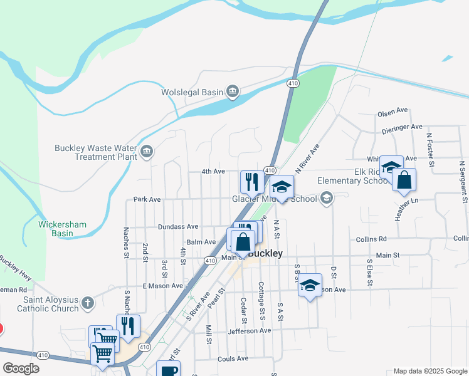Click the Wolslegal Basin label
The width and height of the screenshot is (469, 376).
(x=192, y=92)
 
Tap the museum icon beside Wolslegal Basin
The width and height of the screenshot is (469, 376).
(x=233, y=92)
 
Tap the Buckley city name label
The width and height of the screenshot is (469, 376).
(x=265, y=254)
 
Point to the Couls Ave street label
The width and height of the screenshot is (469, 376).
(x=233, y=358)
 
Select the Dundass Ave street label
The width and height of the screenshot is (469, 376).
(x=178, y=227)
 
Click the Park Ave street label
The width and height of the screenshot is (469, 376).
(x=147, y=199)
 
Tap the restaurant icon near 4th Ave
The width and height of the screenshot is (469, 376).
(x=251, y=182)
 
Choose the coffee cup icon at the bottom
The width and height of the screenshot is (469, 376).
(x=168, y=370)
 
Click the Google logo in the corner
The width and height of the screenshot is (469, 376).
(x=21, y=368)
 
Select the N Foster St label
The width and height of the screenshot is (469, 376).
(x=431, y=149)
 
